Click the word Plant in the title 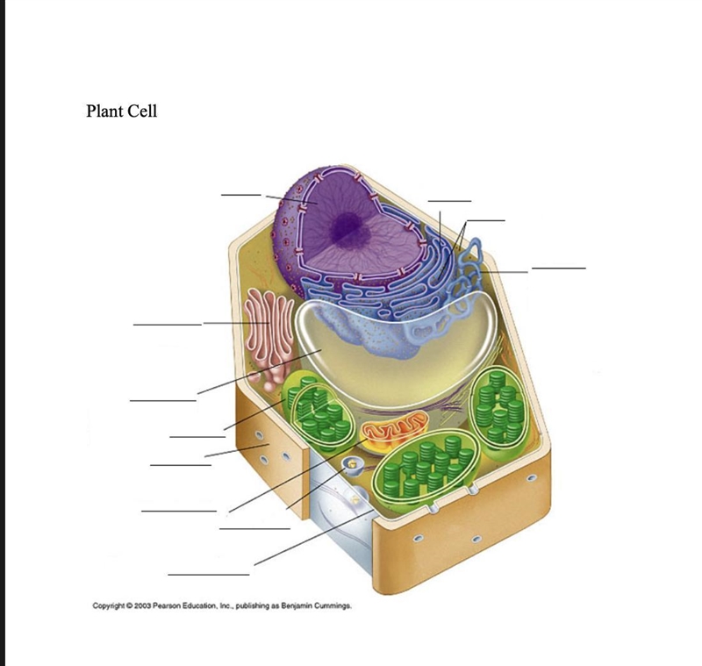pyautogui.click(x=105, y=111)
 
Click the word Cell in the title pyautogui.click(x=143, y=111)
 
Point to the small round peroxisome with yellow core pyautogui.click(x=352, y=465)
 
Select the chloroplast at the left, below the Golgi pyautogui.click(x=318, y=413)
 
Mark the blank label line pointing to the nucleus pyautogui.click(x=240, y=195)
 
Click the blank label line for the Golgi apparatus pyautogui.click(x=167, y=325)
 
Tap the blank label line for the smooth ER pyautogui.click(x=559, y=269)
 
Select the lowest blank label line pyautogui.click(x=209, y=574)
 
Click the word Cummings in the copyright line pyautogui.click(x=333, y=606)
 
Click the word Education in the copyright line pyautogui.click(x=197, y=606)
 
